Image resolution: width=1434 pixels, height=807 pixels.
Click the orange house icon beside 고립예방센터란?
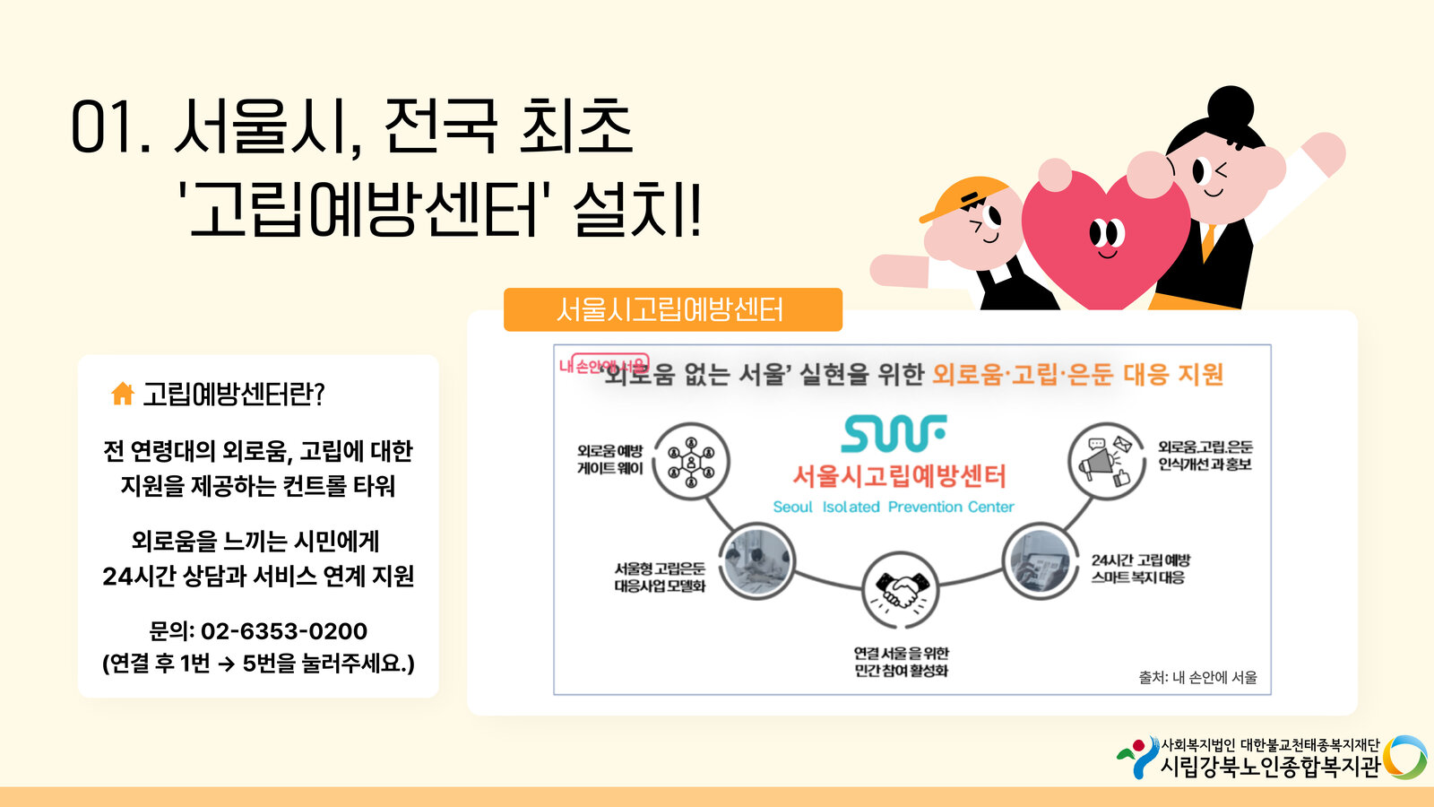click(122, 393)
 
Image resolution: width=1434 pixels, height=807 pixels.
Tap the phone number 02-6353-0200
click(283, 631)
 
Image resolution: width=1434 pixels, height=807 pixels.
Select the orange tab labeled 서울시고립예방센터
click(672, 310)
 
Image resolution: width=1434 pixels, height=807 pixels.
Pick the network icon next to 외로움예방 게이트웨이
click(691, 462)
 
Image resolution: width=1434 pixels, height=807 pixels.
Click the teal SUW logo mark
click(894, 434)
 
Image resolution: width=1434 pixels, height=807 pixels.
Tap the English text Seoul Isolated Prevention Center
click(894, 507)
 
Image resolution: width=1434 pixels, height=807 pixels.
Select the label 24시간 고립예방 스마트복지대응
click(1140, 568)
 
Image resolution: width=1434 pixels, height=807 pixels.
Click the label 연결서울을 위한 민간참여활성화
click(901, 662)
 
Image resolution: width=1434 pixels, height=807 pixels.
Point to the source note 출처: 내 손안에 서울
click(1197, 678)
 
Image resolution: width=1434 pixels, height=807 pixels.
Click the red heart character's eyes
click(1107, 234)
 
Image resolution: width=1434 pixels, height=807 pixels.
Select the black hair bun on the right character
click(1231, 106)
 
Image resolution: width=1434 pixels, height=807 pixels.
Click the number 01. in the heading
click(109, 128)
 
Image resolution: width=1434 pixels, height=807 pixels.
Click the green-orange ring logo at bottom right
click(1404, 758)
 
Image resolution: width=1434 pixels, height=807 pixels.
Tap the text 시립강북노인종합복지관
click(1270, 767)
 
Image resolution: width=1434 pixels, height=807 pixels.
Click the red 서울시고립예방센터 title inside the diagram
click(899, 475)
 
